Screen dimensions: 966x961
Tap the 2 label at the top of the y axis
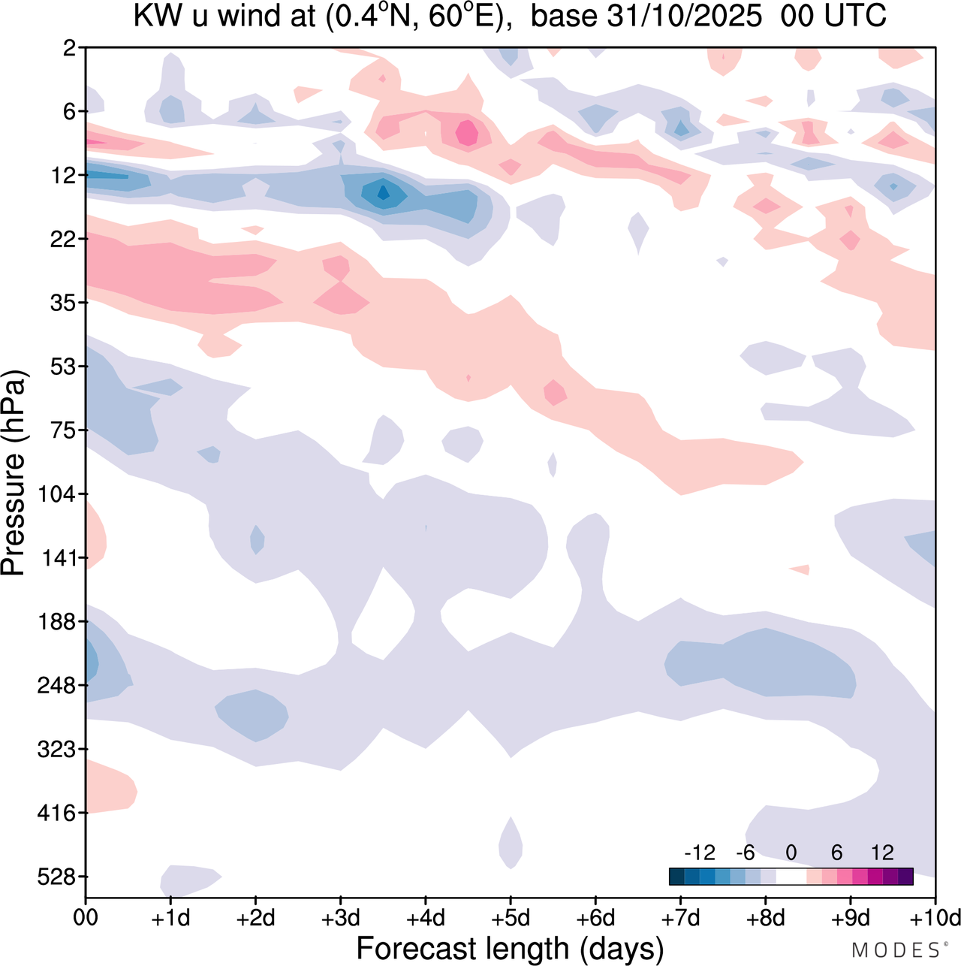70,48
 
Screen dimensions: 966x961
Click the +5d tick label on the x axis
511,918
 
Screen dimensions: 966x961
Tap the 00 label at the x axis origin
86,918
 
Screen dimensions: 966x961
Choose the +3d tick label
340,918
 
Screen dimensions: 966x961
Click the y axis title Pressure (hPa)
14,473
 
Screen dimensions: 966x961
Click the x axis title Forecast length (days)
510,948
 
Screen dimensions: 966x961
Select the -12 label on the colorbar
699,853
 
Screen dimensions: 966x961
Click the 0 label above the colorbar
791,853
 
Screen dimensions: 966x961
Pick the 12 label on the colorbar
882,853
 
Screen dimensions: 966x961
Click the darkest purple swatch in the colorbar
905,876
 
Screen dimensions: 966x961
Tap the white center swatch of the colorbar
791,876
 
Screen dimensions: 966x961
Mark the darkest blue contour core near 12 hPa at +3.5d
383,193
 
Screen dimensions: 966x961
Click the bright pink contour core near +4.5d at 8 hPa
467,133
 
